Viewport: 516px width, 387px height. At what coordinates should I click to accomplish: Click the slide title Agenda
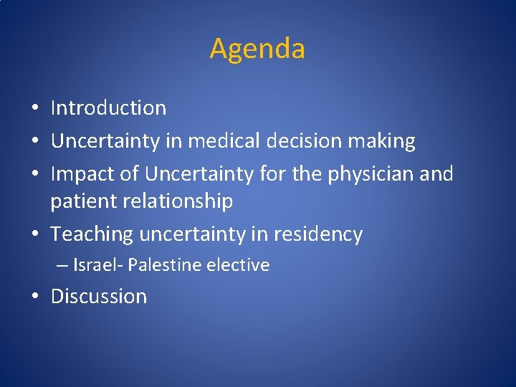257,49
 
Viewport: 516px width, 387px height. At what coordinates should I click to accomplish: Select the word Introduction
108,108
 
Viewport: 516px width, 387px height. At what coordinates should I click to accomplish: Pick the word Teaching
92,234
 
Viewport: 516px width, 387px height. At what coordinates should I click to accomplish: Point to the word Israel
96,265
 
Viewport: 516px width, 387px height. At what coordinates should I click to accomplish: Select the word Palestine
165,265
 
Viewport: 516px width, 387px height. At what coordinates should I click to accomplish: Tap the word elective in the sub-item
238,265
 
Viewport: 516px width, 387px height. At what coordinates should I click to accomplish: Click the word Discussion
99,297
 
